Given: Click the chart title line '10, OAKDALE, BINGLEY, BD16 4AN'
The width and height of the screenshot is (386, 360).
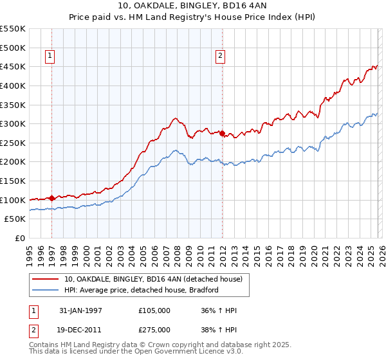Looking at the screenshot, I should coord(192,6).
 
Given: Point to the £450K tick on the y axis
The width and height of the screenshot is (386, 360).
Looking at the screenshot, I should coord(13,66).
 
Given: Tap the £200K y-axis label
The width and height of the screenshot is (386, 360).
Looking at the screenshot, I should coord(13,162).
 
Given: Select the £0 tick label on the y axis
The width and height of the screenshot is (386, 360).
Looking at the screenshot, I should coord(21,239).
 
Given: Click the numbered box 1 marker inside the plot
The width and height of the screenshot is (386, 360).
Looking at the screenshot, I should coord(51,57).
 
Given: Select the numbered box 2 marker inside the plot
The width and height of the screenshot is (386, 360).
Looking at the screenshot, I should coord(220,57).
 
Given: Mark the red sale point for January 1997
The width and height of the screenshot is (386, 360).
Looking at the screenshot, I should coord(51,198).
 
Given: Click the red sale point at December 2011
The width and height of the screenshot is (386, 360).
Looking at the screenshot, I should coord(222,134).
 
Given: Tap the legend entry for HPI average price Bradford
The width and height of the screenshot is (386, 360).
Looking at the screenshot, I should coord(142,290).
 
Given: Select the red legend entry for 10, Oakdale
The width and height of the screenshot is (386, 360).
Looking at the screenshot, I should coord(152,279).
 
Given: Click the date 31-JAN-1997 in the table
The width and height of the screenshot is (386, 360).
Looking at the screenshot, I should coord(81,310).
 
